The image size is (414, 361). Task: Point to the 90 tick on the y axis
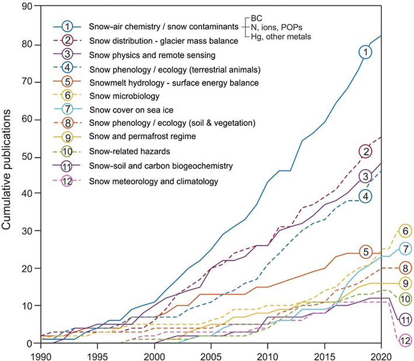click(x=28, y=7)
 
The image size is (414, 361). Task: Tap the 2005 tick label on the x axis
click(x=211, y=356)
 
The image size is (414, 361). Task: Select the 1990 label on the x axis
click(x=41, y=356)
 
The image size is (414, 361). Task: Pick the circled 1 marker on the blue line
click(x=366, y=52)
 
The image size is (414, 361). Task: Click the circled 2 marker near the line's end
click(x=366, y=152)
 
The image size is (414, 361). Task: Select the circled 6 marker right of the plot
click(x=405, y=231)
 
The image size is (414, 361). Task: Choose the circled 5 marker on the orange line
click(x=366, y=252)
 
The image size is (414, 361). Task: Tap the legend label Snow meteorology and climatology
click(x=154, y=181)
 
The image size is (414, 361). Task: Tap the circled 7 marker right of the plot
click(x=405, y=249)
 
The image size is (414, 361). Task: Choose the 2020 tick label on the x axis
click(x=381, y=356)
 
